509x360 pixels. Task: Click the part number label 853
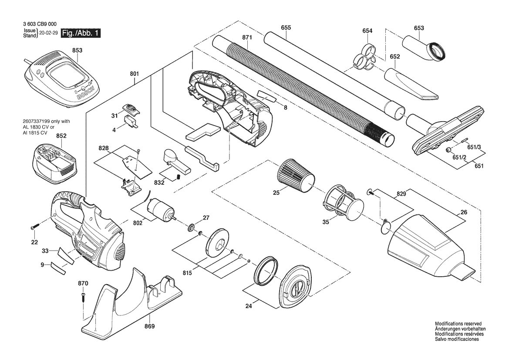click(77, 51)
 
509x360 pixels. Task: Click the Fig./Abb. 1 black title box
click(81, 33)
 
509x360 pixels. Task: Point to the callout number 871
click(247, 37)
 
